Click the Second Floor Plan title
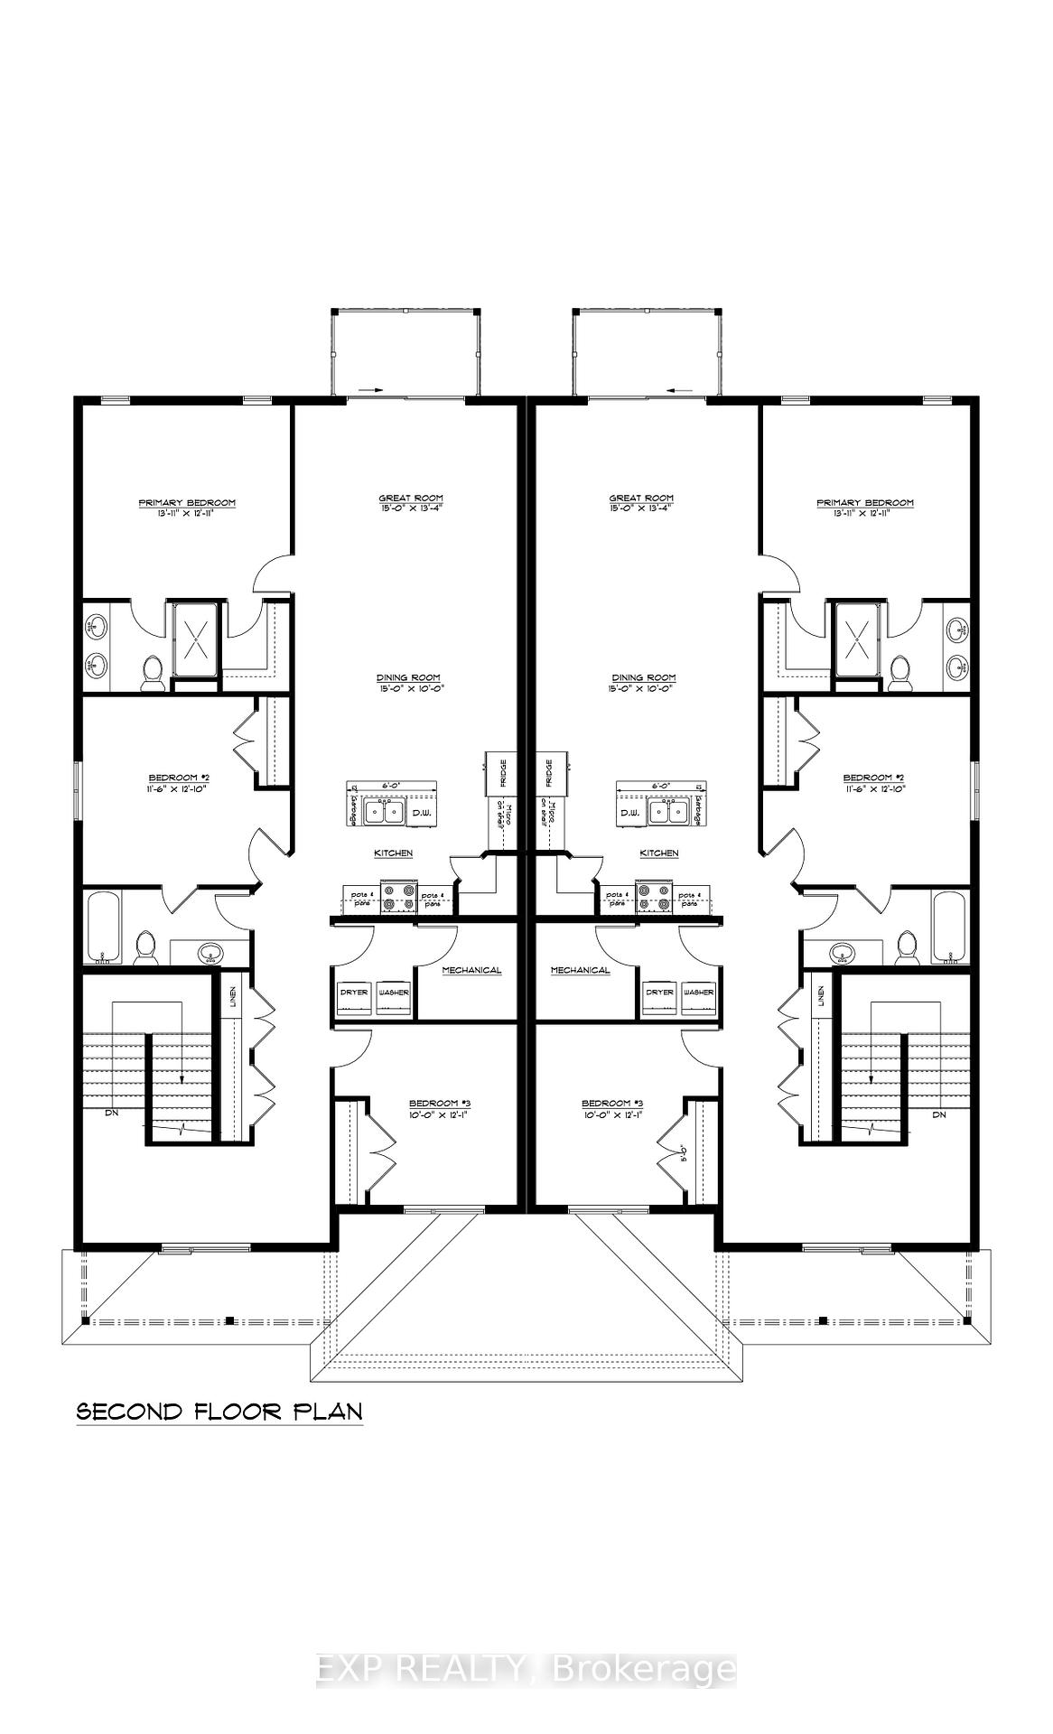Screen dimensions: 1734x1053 click(219, 1412)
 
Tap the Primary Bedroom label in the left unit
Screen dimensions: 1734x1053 click(187, 503)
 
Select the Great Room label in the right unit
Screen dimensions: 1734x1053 click(641, 499)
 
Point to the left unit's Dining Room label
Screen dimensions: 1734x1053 click(411, 678)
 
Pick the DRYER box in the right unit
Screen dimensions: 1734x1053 click(660, 993)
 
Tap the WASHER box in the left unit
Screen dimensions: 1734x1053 click(394, 993)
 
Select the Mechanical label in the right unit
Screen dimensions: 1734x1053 click(581, 971)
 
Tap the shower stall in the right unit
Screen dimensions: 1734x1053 click(855, 639)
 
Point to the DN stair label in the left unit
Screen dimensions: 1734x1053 click(112, 1114)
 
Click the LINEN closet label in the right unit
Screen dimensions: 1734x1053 click(821, 997)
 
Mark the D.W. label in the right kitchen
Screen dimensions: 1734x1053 click(630, 815)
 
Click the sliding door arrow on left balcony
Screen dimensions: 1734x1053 click(370, 390)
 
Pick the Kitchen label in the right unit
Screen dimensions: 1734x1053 click(659, 853)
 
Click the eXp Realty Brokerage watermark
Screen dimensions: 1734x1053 click(526, 1669)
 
